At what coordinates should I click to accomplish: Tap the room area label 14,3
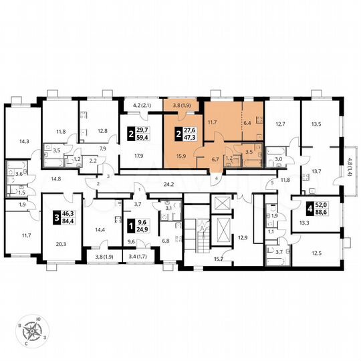tap(24, 141)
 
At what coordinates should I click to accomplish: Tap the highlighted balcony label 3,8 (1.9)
tap(183, 105)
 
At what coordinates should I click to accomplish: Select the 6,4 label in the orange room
tap(247, 122)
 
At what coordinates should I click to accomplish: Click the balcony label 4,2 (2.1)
tap(144, 105)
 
